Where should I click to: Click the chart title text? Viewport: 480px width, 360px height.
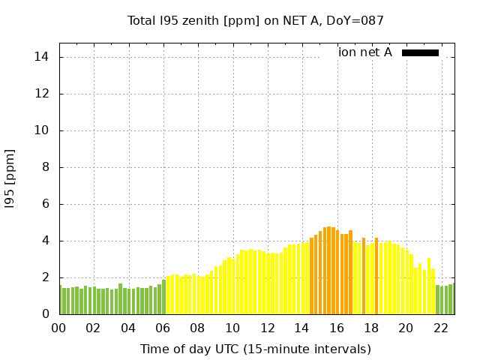click(x=255, y=21)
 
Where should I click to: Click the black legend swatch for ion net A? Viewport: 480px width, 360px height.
click(x=420, y=52)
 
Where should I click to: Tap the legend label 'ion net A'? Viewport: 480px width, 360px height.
click(x=365, y=52)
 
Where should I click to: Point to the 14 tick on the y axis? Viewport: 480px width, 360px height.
click(x=43, y=57)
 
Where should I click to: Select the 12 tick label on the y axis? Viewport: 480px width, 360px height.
click(x=43, y=94)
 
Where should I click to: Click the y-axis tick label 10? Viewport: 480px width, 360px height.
click(x=43, y=130)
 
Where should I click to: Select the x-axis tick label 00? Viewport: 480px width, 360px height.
click(x=58, y=328)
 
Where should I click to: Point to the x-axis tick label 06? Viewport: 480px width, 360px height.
click(x=163, y=328)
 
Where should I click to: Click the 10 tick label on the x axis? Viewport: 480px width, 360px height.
click(x=232, y=328)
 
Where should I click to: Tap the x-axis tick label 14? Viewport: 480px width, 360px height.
click(x=301, y=328)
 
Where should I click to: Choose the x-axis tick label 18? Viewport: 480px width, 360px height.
click(x=370, y=328)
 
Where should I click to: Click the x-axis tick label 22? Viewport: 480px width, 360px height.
click(x=440, y=328)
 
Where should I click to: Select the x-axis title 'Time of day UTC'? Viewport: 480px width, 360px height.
click(x=255, y=349)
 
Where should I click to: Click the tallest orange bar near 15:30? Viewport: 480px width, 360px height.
click(x=329, y=270)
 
